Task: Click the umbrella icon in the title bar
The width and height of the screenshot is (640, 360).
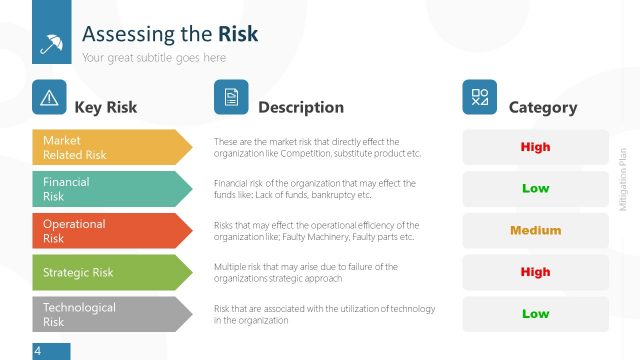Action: [x=50, y=43]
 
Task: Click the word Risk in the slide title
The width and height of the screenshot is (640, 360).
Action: [x=237, y=34]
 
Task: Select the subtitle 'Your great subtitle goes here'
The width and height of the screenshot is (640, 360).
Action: [x=154, y=58]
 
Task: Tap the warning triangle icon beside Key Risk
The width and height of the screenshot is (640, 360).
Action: [x=49, y=97]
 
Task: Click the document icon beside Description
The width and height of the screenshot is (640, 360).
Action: [x=231, y=97]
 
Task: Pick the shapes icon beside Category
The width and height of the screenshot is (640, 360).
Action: [x=479, y=97]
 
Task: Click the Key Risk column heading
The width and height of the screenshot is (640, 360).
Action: [x=106, y=107]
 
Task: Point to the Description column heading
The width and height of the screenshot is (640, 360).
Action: [x=300, y=107]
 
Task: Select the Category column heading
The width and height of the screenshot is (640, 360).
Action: [x=543, y=107]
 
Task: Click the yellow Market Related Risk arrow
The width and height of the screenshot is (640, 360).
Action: [x=110, y=147]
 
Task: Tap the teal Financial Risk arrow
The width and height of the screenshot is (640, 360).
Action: [x=110, y=189]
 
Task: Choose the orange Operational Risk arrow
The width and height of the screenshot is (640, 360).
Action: [x=110, y=231]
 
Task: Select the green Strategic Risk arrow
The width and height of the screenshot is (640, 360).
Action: [x=110, y=272]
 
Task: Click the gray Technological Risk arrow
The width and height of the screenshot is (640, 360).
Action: [x=110, y=314]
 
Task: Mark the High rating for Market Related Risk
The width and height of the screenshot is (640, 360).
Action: [x=535, y=147]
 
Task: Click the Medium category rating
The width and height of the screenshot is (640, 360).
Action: [x=535, y=231]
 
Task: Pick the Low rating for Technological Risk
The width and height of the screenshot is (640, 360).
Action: [x=535, y=314]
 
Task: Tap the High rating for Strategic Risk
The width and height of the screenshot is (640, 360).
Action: [x=535, y=272]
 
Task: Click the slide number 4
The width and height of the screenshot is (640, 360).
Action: [x=37, y=351]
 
